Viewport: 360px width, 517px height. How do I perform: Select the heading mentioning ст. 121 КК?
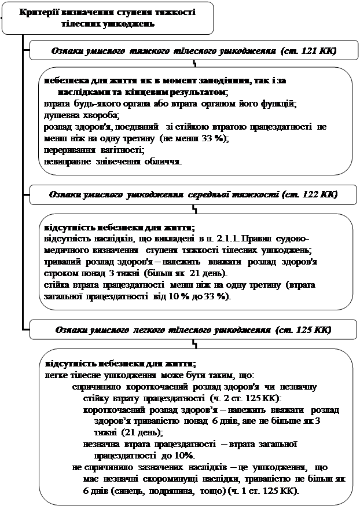tap(193, 51)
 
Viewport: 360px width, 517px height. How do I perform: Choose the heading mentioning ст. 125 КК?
tap(193, 330)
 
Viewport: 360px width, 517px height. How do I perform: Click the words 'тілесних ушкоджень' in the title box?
tap(108, 24)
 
